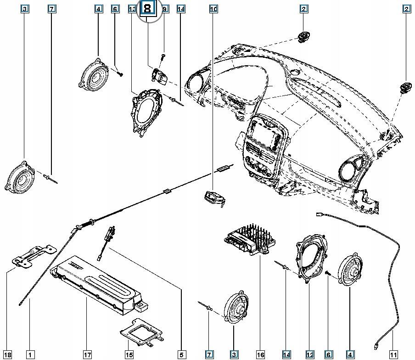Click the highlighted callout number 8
148,9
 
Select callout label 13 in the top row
132,9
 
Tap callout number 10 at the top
213,9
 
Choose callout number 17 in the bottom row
87,354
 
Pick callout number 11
393,354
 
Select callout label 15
129,354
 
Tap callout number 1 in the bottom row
30,354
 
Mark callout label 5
181,354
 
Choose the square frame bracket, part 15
140,332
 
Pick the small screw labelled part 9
164,58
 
